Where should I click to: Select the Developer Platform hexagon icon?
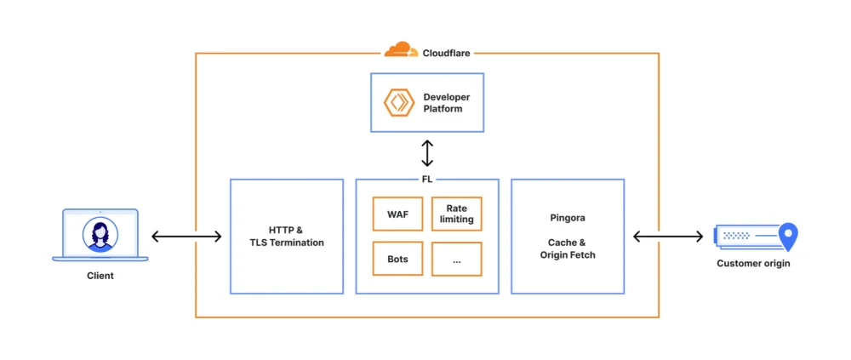coord(398,102)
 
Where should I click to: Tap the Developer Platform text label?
coord(447,103)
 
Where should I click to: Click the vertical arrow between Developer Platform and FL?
coord(427,153)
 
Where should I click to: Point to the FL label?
coord(427,179)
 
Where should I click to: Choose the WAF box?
coord(397,214)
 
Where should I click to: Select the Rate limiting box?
coord(456,214)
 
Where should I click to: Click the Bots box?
coord(397,259)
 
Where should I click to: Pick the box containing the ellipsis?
coord(456,259)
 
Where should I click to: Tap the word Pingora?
coord(568,218)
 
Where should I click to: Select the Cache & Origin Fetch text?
coord(568,249)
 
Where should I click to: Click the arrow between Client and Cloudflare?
coord(186,237)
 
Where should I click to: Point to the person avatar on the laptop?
coord(100,234)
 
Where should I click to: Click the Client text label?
coord(100,276)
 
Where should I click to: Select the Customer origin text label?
coord(753,264)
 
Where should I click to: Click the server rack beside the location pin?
coord(746,236)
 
